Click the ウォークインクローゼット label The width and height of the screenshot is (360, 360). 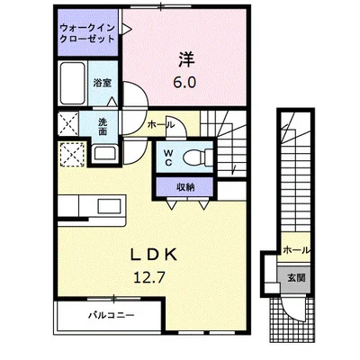(x=87, y=33)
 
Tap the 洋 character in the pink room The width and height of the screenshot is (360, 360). (x=187, y=59)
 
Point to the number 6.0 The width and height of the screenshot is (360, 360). (x=184, y=82)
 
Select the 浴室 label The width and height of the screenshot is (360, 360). (x=103, y=83)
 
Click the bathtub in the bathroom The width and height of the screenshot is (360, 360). (x=72, y=83)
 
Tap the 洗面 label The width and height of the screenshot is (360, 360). (x=103, y=127)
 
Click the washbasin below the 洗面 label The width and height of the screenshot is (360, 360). (x=104, y=153)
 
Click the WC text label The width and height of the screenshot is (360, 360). (x=168, y=157)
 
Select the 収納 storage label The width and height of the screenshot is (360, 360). (x=185, y=187)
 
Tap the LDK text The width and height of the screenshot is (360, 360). (x=153, y=255)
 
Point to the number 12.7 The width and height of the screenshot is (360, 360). (x=149, y=278)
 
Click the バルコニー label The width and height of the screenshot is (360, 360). (x=111, y=315)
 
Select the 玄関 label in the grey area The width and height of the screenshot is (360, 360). (x=296, y=278)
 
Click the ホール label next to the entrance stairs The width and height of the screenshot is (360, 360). (x=296, y=250)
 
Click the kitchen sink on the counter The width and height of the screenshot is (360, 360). (x=109, y=206)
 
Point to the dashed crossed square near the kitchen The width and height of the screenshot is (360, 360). (x=73, y=155)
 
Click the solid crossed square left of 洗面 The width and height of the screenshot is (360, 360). (x=68, y=123)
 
